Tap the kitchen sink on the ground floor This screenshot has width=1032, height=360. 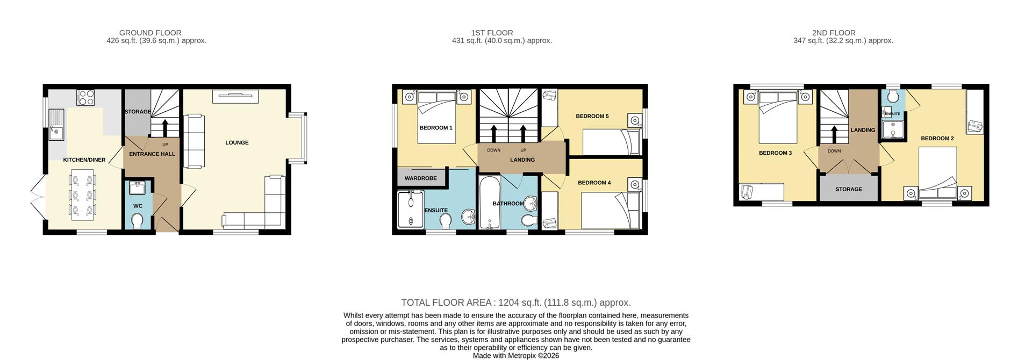click(55, 125)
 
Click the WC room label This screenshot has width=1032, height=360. click(138, 206)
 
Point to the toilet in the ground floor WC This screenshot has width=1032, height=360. click(138, 221)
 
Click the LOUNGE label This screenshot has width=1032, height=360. click(236, 143)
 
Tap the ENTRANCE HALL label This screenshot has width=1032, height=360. click(152, 154)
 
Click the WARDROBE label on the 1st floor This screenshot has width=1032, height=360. click(420, 178)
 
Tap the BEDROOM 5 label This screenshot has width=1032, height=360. click(592, 116)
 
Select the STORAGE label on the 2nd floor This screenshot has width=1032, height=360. click(848, 189)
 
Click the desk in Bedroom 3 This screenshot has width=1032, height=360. click(762, 192)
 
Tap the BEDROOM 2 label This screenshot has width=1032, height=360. click(937, 139)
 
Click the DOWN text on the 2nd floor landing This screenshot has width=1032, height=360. click(834, 151)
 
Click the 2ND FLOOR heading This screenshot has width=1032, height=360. click(834, 33)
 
